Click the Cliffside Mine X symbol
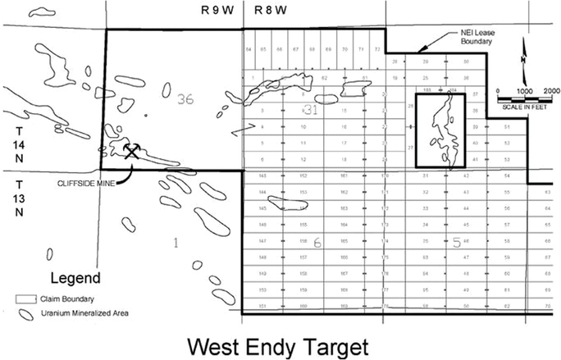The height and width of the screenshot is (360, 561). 132,151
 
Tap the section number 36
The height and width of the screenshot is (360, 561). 185,99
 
